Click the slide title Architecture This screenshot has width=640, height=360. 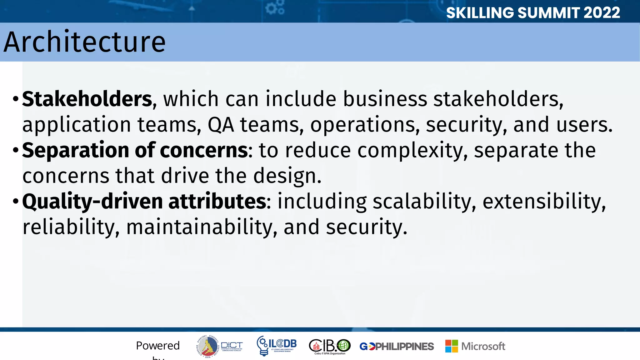click(84, 42)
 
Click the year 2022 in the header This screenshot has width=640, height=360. click(601, 13)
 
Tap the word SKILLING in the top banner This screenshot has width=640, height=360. click(480, 13)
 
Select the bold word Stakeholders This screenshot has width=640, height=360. click(87, 99)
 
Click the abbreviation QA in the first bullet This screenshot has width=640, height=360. click(221, 125)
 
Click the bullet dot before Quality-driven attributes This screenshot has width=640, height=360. click(16, 202)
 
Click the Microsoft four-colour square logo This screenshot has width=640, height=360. click(452, 346)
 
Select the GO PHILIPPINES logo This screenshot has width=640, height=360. click(397, 346)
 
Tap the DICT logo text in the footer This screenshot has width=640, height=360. click(232, 345)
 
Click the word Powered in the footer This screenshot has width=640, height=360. click(158, 346)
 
